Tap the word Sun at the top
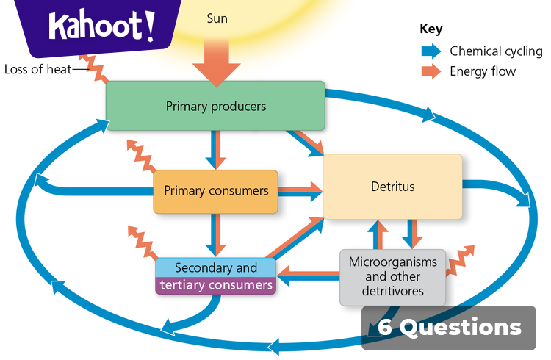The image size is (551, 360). [217, 18]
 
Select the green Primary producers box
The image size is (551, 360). [215, 107]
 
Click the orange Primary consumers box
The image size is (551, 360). [215, 191]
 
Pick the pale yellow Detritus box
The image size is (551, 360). [392, 187]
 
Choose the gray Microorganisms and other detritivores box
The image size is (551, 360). [392, 276]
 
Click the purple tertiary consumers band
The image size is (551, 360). [215, 285]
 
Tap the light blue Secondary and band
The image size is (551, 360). [215, 267]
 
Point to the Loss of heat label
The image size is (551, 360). [37, 71]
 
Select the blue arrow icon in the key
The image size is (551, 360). [431, 51]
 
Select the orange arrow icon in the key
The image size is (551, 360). [431, 71]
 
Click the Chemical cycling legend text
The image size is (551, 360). [496, 51]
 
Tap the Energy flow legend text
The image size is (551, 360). [483, 71]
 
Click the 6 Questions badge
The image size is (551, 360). [449, 327]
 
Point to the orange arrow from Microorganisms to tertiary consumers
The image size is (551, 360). [309, 275]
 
